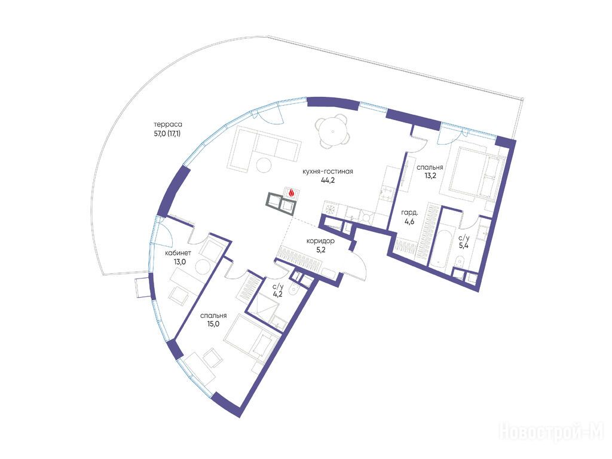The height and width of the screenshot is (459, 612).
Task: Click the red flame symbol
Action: coord(292,192)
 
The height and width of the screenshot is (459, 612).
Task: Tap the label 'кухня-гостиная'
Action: coord(328,172)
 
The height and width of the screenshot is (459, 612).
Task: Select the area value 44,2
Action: coord(328,180)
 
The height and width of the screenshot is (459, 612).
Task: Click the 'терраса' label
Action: coord(168,124)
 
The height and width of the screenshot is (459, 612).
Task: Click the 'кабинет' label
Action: coord(178,253)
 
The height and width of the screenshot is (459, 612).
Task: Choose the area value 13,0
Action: coord(179,262)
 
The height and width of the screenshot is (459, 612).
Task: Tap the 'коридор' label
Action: coord(320,241)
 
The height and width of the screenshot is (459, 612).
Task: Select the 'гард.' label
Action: coord(410,213)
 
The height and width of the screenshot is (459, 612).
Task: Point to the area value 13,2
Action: coord(430,176)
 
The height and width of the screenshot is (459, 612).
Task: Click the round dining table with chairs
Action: coord(333,131)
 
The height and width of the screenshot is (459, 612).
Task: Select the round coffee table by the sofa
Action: coord(264,165)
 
